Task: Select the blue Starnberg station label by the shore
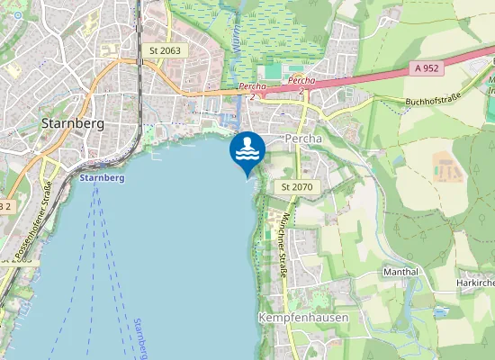(x=102, y=178)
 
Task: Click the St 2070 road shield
(x=296, y=186)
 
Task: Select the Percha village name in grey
(x=302, y=139)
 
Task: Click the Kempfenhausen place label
(x=302, y=319)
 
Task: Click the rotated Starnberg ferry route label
(x=139, y=338)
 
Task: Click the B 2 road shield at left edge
(x=4, y=206)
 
